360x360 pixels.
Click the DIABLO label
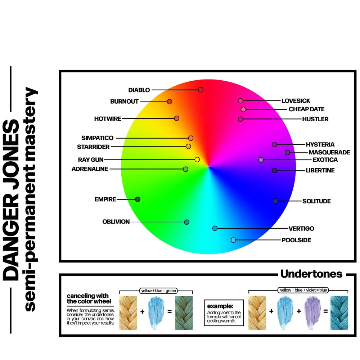tap(139, 90)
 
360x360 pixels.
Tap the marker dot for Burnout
tap(170, 102)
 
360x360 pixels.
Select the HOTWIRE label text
tap(108, 118)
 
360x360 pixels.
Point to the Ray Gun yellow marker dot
tap(197, 159)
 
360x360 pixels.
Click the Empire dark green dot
tap(138, 199)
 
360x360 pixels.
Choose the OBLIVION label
tap(116, 222)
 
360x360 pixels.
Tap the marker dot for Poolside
tap(233, 240)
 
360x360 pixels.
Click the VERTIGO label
tap(301, 229)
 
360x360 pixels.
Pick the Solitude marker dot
tap(275, 201)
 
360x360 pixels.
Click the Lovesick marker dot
tap(240, 101)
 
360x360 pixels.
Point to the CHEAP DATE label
tap(306, 109)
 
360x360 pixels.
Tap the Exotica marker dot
tap(261, 160)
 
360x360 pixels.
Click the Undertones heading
tap(311, 274)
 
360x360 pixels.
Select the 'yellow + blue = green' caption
tap(156, 291)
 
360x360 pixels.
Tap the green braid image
tap(184, 312)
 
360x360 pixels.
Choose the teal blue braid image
tap(339, 312)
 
